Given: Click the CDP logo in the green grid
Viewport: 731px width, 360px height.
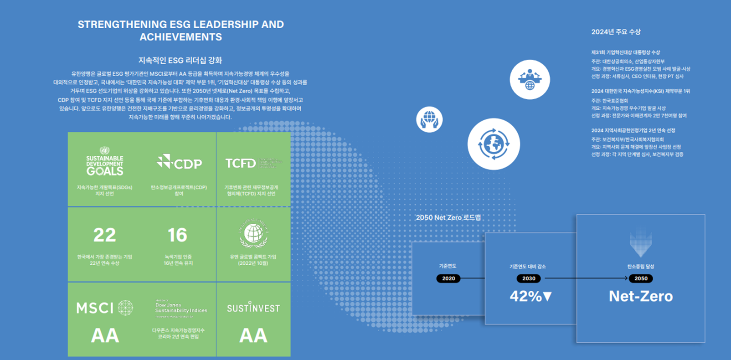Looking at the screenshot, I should tap(180, 163).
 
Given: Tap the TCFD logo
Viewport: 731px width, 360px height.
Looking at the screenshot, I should tap(241, 163).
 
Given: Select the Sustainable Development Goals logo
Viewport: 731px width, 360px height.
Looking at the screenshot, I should tap(105, 162).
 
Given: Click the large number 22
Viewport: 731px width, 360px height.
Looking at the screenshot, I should tap(105, 235).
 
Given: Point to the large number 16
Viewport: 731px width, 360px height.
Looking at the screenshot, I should tap(177, 235).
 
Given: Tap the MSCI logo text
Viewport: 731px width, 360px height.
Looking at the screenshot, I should tap(95, 309).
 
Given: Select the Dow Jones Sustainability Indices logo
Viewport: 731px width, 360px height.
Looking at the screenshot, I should tap(180, 309).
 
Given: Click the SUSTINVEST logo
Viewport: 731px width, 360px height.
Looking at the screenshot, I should tap(253, 308).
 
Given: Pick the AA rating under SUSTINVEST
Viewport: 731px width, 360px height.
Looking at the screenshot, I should tap(253, 336).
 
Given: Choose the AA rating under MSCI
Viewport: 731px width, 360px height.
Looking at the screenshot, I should tap(105, 336).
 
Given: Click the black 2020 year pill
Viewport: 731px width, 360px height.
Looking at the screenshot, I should tap(448, 278).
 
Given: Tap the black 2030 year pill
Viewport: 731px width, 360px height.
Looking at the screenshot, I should tap(529, 278).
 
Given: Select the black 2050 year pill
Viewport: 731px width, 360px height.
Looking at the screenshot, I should tap(641, 278).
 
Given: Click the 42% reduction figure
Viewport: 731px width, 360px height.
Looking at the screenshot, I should tap(530, 296).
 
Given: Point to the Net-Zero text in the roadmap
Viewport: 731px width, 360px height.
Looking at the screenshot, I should tap(641, 296).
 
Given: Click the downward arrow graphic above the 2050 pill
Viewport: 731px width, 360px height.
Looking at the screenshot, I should tap(641, 242).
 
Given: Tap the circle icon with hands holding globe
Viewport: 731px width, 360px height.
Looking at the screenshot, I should tap(429, 119).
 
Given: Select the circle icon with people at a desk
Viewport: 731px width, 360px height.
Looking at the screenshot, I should tap(530, 80).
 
